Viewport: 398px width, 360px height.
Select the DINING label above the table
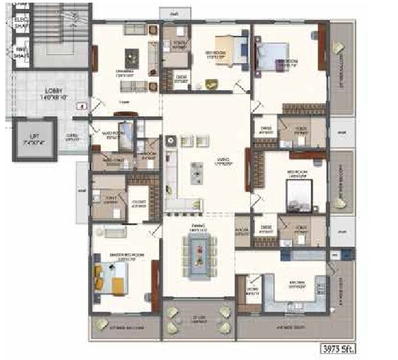coord(197,227)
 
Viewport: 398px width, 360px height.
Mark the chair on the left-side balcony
coord(102,325)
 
